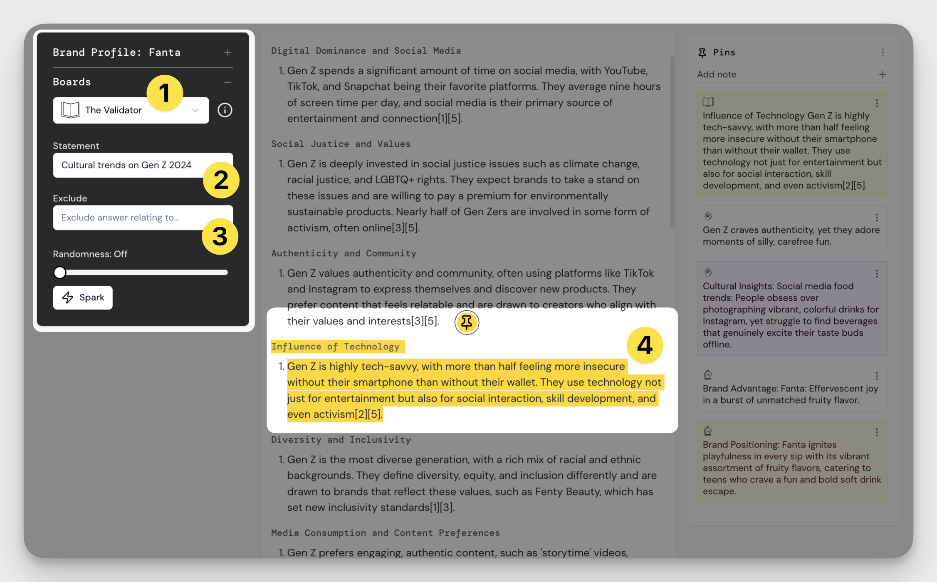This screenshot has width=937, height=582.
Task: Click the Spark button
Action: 83,297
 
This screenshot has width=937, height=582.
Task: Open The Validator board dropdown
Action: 131,110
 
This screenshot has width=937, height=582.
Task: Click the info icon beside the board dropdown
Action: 225,110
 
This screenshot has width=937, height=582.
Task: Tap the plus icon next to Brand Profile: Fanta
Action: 227,52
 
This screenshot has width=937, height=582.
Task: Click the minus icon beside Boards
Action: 227,82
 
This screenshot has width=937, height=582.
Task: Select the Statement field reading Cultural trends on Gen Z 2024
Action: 143,165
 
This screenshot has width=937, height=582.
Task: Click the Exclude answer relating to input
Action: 143,218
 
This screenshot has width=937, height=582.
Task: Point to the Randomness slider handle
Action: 60,272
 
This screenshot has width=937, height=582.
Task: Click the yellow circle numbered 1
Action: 165,93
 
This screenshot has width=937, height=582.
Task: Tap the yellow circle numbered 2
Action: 221,180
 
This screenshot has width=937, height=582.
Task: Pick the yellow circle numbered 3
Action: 220,236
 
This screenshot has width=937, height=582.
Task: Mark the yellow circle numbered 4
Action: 645,345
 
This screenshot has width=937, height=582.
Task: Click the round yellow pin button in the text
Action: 467,322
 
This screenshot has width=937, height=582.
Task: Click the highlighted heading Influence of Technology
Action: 336,347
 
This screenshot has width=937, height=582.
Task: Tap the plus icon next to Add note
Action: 883,74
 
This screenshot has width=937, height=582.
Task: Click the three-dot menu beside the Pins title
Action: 883,52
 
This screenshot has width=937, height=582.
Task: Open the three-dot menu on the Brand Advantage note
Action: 877,376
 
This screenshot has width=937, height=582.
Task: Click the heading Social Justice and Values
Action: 341,144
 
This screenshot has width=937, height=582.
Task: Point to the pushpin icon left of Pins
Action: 702,53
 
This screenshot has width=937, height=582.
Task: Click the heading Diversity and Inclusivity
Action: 341,440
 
